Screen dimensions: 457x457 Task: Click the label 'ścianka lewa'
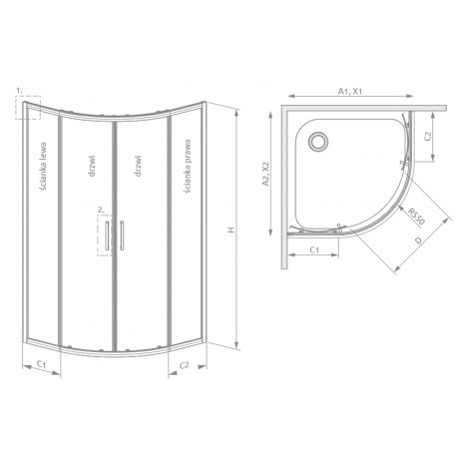(43, 166)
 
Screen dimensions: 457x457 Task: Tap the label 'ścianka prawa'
(188, 166)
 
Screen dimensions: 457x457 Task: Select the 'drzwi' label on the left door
(92, 166)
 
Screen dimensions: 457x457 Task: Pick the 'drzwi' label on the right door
(139, 166)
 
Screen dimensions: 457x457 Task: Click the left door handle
(107, 235)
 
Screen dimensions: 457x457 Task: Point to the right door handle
(122, 235)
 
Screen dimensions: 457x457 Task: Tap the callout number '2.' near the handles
(101, 210)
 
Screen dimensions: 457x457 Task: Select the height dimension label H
(231, 229)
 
